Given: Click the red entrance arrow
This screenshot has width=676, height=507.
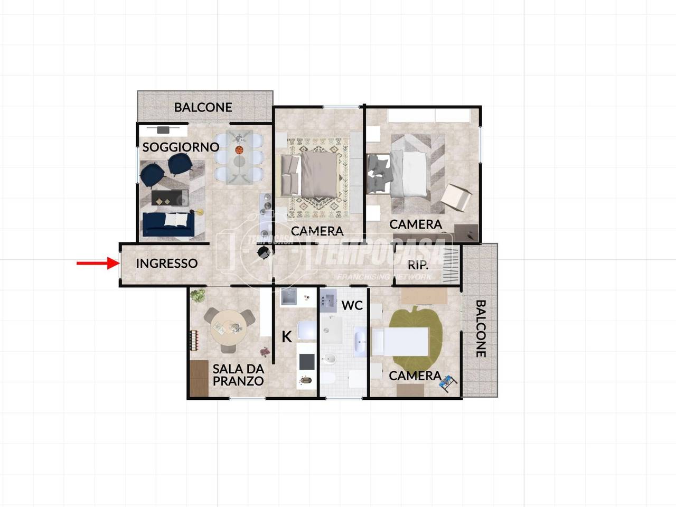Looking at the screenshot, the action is point(98,263).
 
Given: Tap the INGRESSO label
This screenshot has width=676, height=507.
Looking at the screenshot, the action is point(166,263).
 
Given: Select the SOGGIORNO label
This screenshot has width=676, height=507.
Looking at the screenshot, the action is point(181,147).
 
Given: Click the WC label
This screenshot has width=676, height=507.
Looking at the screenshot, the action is point(352,305).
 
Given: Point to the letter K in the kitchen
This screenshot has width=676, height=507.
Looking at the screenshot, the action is point(287,337).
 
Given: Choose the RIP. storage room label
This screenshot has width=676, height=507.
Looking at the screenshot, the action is point(418,265).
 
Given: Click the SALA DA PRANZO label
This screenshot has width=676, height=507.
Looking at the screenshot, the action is point(238,375).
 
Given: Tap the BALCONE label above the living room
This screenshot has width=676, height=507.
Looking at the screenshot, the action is point(203,107).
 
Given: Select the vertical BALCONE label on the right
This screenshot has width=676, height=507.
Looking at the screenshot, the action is point(481,328).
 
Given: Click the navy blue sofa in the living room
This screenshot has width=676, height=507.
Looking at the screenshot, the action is point(168,224).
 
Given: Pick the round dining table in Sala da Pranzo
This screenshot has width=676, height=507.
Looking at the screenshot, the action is point(229,328).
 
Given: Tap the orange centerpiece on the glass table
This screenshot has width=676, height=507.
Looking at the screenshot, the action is point(239,150).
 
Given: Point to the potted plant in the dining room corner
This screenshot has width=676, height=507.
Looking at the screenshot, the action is point(198,295).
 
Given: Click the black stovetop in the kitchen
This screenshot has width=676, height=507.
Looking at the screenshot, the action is point(307,362).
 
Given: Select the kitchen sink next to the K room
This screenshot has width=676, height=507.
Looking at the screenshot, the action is point(288,296).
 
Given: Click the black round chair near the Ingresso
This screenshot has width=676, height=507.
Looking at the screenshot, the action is point(264,253).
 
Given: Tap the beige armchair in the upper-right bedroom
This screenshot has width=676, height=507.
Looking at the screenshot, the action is point(456,198).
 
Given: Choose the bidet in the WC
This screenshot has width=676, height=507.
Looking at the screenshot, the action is point(329,359).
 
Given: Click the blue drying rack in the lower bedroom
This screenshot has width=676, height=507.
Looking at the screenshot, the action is point(448,383).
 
